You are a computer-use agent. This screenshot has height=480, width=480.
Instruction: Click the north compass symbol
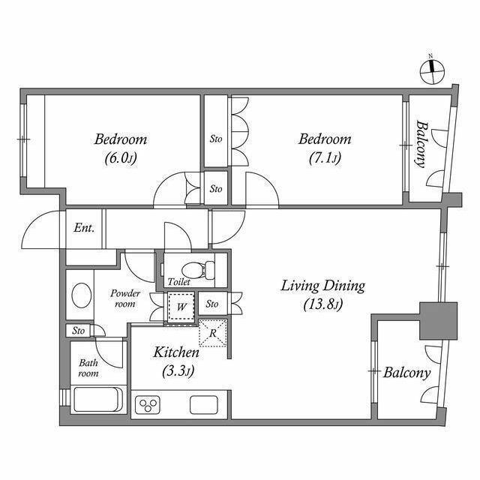[432, 70]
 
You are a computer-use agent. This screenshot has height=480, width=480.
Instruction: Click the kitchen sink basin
[203, 405]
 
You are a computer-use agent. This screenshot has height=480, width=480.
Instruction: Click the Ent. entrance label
[84, 228]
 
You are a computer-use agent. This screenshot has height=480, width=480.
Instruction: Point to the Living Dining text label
[322, 286]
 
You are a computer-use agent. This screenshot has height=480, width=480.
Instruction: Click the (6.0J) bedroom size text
[120, 158]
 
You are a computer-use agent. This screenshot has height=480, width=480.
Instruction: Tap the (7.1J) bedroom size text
[325, 158]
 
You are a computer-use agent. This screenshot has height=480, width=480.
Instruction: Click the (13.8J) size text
[322, 304]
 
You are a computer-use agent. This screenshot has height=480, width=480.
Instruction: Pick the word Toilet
[178, 282]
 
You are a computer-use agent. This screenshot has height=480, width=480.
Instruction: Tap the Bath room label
[88, 368]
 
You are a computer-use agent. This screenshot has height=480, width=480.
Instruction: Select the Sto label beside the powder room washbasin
[79, 330]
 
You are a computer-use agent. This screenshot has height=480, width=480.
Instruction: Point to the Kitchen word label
[176, 352]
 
